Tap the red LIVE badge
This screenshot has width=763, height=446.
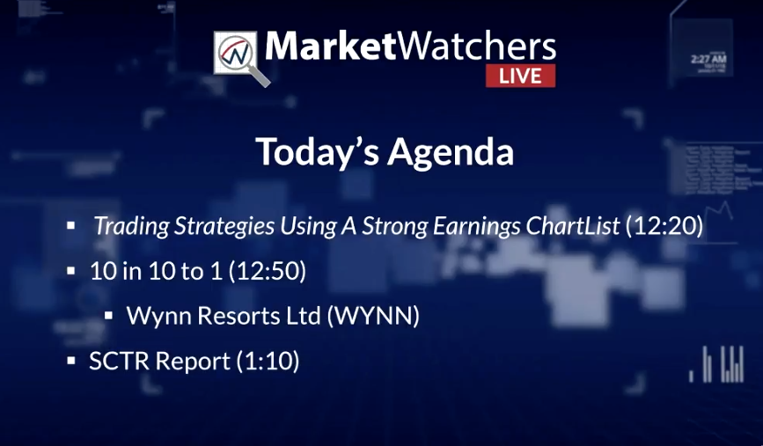pyautogui.click(x=520, y=76)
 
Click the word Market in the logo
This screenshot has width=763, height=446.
pyautogui.click(x=330, y=47)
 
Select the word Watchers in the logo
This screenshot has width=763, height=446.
pyautogui.click(x=477, y=47)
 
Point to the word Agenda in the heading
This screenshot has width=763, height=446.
pyautogui.click(x=451, y=152)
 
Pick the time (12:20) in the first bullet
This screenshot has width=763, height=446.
pyautogui.click(x=664, y=226)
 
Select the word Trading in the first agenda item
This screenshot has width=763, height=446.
pyautogui.click(x=131, y=226)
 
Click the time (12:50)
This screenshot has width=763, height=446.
pyautogui.click(x=268, y=271)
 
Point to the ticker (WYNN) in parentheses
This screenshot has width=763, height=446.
pyautogui.click(x=373, y=316)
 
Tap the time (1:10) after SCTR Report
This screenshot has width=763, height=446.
pyautogui.click(x=268, y=361)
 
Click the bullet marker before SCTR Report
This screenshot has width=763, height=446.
pyautogui.click(x=71, y=361)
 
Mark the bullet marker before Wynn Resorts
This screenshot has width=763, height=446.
pyautogui.click(x=108, y=316)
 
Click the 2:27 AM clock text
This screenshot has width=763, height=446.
pyautogui.click(x=708, y=59)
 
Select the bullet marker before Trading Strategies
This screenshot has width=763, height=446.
pyautogui.click(x=71, y=226)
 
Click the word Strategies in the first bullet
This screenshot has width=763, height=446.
pyautogui.click(x=224, y=226)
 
